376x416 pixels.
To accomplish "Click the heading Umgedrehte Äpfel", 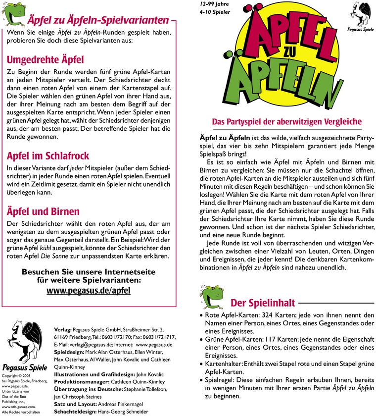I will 45,60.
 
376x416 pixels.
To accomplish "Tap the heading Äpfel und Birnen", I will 43,211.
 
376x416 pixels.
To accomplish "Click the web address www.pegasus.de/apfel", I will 89,290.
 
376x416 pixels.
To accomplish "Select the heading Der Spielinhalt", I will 263,303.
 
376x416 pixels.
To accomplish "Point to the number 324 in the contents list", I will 268,315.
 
